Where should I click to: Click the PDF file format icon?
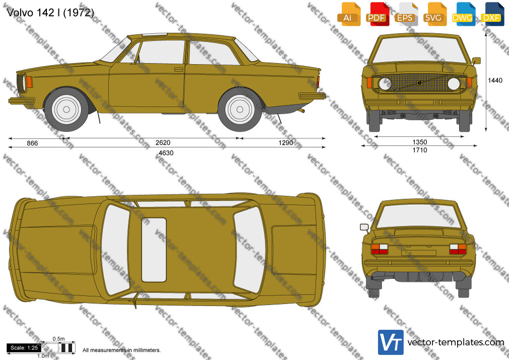pyautogui.click(x=376, y=14)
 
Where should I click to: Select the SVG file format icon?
pyautogui.click(x=433, y=14)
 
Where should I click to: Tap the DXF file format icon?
pyautogui.click(x=491, y=14)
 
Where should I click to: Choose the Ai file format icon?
pyautogui.click(x=348, y=14)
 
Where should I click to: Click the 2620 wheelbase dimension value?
pyautogui.click(x=163, y=143)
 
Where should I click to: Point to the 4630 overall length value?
pyautogui.click(x=166, y=153)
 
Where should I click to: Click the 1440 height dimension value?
pyautogui.click(x=495, y=80)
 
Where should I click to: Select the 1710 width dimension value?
pyautogui.click(x=420, y=150)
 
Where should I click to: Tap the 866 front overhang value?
pyautogui.click(x=32, y=143)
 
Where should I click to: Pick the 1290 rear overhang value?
pyautogui.click(x=286, y=143)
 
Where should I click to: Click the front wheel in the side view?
pyautogui.click(x=66, y=109)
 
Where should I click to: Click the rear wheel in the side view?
pyautogui.click(x=240, y=109)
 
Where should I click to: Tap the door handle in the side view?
pyautogui.click(x=178, y=69)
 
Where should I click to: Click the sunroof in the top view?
pyautogui.click(x=154, y=250)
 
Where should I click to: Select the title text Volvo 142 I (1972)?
pyautogui.click(x=50, y=13)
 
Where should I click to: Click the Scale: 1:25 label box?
pyautogui.click(x=24, y=348)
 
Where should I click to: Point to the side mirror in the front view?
pyautogui.click(x=476, y=61)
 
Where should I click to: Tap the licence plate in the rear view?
pyautogui.click(x=418, y=253)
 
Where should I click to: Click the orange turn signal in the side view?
pyautogui.click(x=29, y=82)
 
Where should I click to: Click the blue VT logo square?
pyautogui.click(x=391, y=342)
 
